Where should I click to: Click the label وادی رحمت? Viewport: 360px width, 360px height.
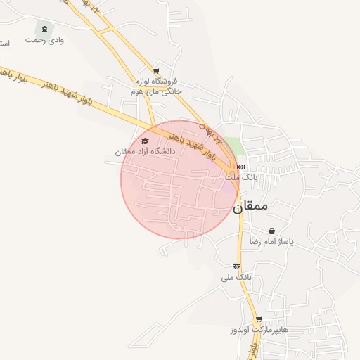(x=45, y=40)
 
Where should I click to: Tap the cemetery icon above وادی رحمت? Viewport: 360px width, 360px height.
(x=46, y=29)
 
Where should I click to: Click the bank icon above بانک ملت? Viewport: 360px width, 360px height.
(x=240, y=167)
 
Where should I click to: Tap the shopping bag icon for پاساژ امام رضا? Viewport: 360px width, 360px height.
(x=271, y=231)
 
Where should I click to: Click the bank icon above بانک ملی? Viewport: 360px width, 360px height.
(x=236, y=266)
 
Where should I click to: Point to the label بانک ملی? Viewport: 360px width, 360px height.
(x=236, y=278)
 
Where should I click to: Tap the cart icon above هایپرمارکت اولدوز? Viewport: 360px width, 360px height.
(x=258, y=319)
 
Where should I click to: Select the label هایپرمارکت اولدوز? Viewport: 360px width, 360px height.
(x=258, y=330)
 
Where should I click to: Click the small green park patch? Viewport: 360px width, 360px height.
(x=235, y=146)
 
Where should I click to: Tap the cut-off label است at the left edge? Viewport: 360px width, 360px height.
(x=4, y=44)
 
